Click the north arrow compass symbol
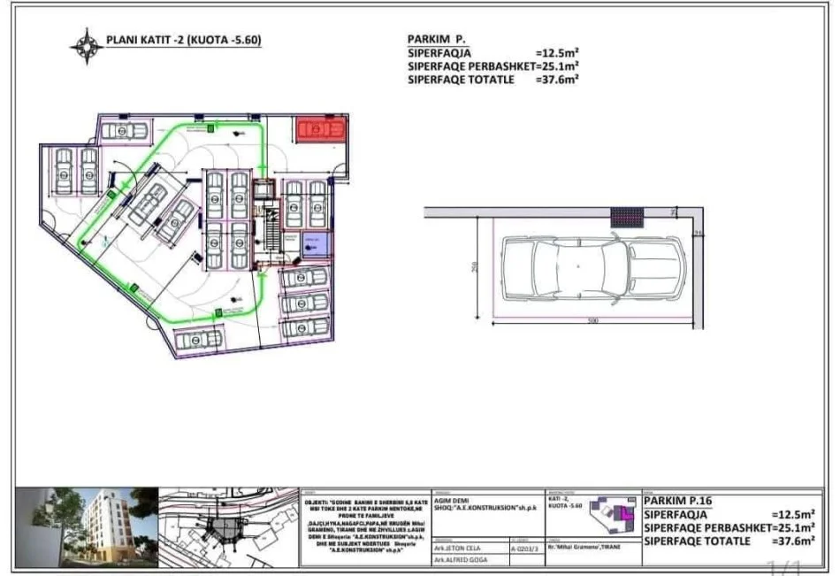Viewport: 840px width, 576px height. click(x=87, y=41)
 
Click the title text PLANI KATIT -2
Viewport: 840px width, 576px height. click(x=183, y=40)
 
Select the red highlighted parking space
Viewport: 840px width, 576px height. click(x=320, y=130)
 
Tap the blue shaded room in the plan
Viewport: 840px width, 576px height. click(x=315, y=246)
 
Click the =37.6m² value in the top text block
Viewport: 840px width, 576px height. click(x=557, y=79)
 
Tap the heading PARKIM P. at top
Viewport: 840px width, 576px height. click(x=437, y=40)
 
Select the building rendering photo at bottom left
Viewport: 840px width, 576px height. click(x=87, y=526)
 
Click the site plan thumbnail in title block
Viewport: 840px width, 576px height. click(x=229, y=526)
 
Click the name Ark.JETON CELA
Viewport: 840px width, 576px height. click(x=457, y=548)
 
